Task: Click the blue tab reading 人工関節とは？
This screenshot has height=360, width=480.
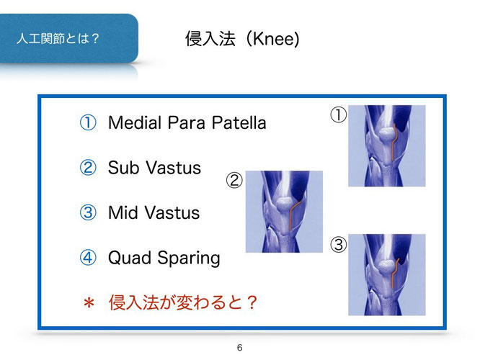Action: tap(69, 39)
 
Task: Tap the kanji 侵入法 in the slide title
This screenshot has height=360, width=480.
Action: tap(210, 39)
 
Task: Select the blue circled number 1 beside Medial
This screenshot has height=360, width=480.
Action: tap(88, 122)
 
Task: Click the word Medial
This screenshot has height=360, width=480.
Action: tap(135, 122)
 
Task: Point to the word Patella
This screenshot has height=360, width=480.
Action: tap(239, 122)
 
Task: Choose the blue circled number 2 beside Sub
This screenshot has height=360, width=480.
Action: tap(88, 168)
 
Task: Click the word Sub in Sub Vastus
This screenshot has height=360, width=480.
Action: tap(124, 168)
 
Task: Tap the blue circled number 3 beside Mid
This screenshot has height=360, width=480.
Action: tap(88, 212)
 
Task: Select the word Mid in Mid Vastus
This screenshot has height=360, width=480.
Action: tap(123, 212)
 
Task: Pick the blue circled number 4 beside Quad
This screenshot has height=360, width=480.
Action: tap(88, 258)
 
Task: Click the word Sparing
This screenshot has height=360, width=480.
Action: tap(189, 258)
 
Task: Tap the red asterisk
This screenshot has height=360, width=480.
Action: tap(89, 303)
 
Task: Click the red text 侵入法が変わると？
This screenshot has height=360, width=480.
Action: tap(183, 302)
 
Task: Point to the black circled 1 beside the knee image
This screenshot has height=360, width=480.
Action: tap(339, 115)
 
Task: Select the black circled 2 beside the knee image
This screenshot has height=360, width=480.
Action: tap(234, 180)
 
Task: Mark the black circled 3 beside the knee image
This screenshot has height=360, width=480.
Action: tap(339, 245)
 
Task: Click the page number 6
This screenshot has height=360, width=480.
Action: tap(240, 348)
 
